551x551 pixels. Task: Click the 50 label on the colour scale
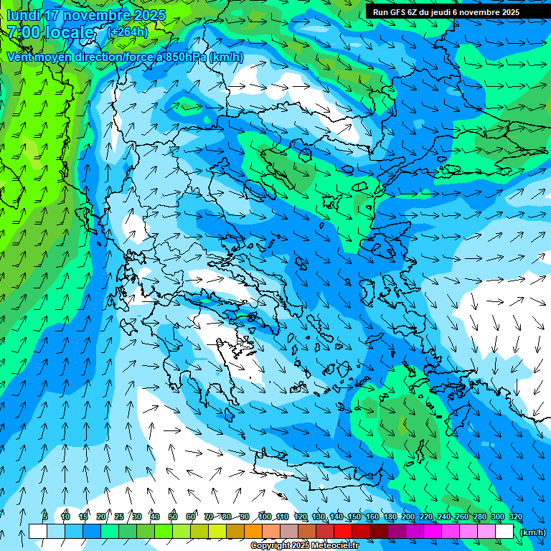173,517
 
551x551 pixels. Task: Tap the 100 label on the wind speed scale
265,517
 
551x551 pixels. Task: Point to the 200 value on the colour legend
408,517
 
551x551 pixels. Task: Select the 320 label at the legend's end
515,517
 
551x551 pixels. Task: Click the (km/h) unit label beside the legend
532,532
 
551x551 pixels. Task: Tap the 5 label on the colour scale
45,517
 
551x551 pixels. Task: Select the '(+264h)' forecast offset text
128,32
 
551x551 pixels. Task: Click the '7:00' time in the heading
22,32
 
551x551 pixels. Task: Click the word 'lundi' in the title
22,15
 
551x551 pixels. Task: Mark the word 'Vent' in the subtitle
20,57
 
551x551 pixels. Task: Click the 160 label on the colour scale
372,517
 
